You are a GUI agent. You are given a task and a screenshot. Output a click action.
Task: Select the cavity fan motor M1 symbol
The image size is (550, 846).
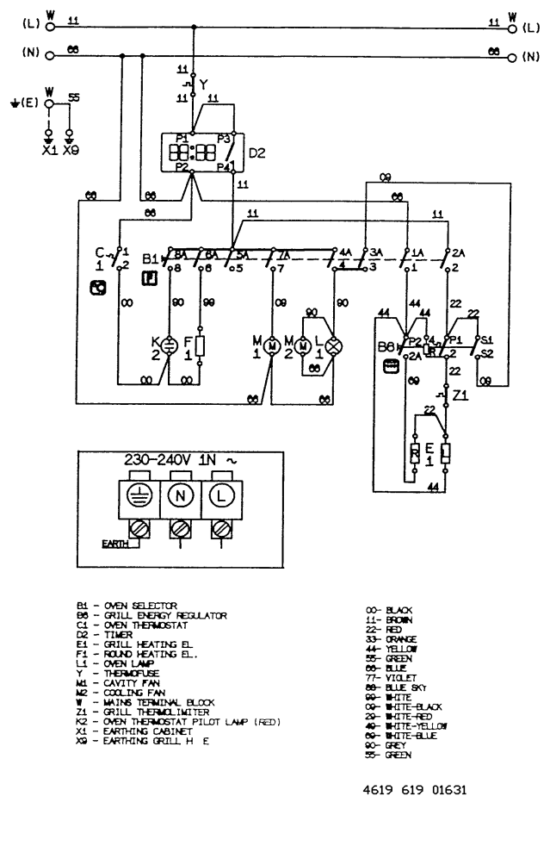(x=270, y=345)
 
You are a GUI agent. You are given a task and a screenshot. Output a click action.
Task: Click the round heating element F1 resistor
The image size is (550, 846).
(x=201, y=346)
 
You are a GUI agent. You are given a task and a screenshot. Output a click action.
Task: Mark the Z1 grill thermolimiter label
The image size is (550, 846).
(x=460, y=396)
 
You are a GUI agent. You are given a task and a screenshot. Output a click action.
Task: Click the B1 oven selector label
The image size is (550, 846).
(x=150, y=257)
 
